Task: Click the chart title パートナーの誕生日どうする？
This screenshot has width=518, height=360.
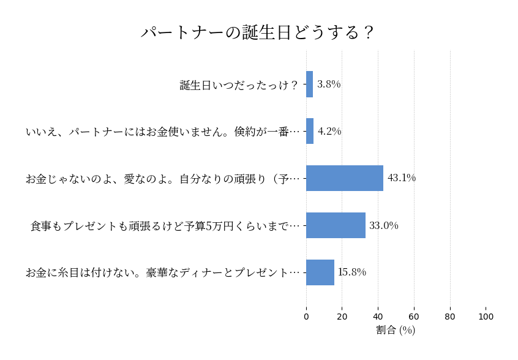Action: (257, 32)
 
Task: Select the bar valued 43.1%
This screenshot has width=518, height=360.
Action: (345, 178)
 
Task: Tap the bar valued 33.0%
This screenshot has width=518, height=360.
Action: (336, 225)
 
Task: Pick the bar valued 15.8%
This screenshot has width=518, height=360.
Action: (320, 272)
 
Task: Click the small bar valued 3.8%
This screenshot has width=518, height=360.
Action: (310, 84)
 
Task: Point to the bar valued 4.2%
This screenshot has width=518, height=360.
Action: (310, 131)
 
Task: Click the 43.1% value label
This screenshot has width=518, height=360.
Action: (402, 178)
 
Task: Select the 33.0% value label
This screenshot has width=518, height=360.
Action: (384, 225)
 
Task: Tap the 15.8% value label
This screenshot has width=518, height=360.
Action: (352, 272)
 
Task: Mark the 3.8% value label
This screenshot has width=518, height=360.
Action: (329, 84)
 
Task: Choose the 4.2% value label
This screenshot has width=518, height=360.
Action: (329, 131)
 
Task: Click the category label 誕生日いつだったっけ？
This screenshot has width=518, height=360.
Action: (239, 85)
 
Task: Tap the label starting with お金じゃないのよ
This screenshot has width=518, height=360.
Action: (163, 179)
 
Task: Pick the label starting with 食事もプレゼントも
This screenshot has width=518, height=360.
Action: (165, 226)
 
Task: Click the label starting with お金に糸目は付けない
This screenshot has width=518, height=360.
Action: (163, 273)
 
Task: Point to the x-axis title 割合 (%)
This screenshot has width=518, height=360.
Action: (396, 331)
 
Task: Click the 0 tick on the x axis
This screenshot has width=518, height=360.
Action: (306, 317)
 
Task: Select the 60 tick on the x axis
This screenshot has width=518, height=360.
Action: (414, 317)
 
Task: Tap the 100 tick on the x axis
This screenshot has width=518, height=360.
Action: (486, 317)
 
